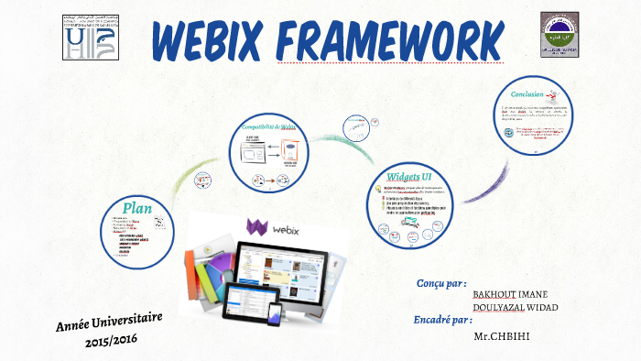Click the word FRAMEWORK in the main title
click(394, 38)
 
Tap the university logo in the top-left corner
click(89, 38)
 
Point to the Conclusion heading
click(529, 93)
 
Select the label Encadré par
click(449, 321)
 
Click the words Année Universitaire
click(109, 323)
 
